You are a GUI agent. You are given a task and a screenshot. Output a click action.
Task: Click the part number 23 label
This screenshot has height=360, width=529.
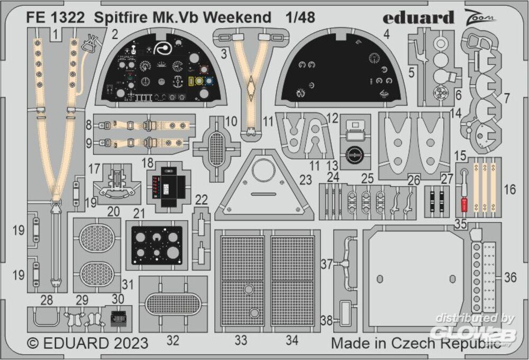[x=306, y=179]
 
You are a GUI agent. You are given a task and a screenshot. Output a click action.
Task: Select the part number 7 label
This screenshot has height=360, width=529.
[x=507, y=98]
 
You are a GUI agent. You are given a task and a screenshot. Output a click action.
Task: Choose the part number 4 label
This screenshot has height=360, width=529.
[x=387, y=34]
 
